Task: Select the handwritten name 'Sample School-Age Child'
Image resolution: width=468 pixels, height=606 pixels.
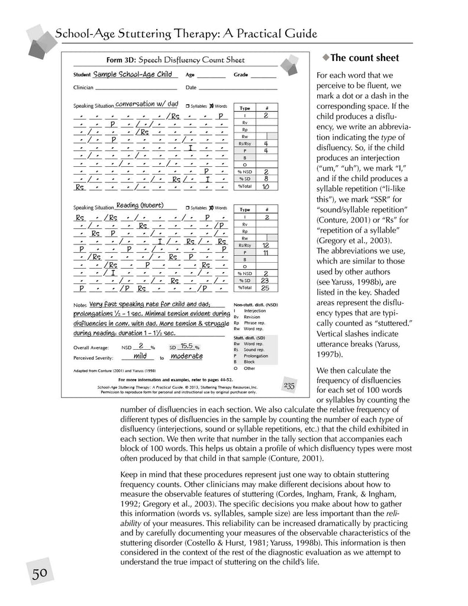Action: pyautogui.click(x=133, y=75)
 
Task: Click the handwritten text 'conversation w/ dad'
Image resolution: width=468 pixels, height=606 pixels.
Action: pyautogui.click(x=146, y=104)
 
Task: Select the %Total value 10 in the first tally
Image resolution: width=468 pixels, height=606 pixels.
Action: pyautogui.click(x=266, y=186)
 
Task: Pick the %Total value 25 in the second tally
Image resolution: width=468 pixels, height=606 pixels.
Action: pyautogui.click(x=266, y=288)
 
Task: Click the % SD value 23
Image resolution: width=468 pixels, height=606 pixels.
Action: pyautogui.click(x=266, y=281)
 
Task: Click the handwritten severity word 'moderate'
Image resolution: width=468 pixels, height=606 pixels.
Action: pyautogui.click(x=186, y=356)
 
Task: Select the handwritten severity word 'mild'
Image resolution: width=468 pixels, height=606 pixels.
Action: pyautogui.click(x=140, y=356)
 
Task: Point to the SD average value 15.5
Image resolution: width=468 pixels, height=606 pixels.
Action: pyautogui.click(x=187, y=346)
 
